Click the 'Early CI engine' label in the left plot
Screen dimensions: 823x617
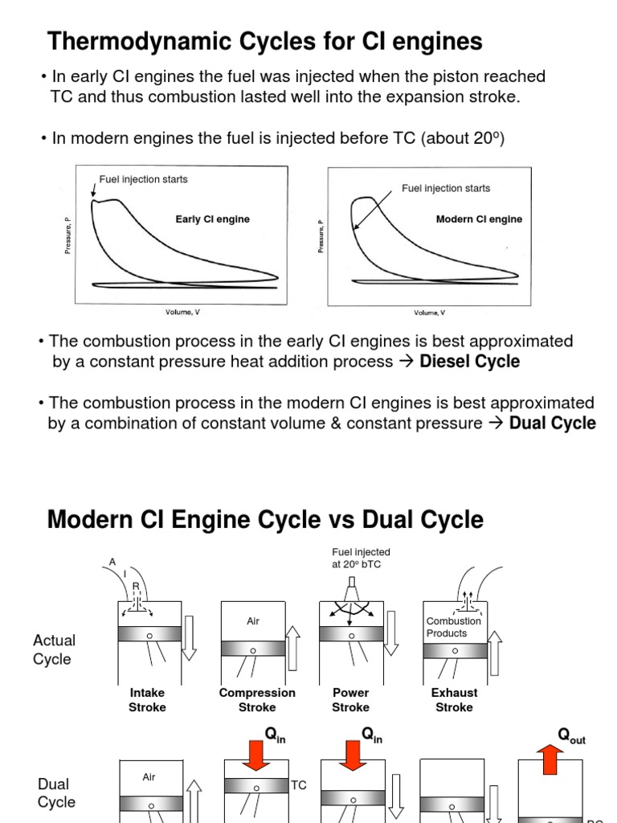click(212, 219)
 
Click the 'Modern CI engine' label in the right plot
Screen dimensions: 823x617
click(479, 219)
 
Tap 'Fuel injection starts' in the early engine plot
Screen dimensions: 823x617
click(143, 179)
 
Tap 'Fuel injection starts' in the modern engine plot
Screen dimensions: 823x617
click(446, 188)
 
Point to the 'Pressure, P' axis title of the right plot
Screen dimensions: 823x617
click(321, 237)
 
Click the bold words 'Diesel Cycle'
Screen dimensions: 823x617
click(469, 362)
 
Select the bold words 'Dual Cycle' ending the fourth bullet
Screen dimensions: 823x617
click(553, 423)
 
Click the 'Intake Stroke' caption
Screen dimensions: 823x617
click(147, 700)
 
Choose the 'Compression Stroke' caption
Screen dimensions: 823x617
click(257, 700)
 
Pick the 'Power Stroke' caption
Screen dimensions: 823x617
click(350, 700)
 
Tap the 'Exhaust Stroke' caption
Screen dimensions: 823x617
click(454, 700)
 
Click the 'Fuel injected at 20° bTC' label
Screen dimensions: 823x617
click(361, 558)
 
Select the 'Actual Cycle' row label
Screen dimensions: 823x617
click(54, 649)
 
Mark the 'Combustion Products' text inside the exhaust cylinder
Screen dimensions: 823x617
click(453, 627)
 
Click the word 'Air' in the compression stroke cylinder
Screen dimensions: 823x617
click(253, 621)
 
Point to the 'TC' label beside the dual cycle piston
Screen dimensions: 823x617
click(299, 785)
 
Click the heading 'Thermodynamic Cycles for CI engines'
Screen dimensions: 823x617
click(265, 41)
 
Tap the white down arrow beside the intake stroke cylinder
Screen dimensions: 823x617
click(189, 636)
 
